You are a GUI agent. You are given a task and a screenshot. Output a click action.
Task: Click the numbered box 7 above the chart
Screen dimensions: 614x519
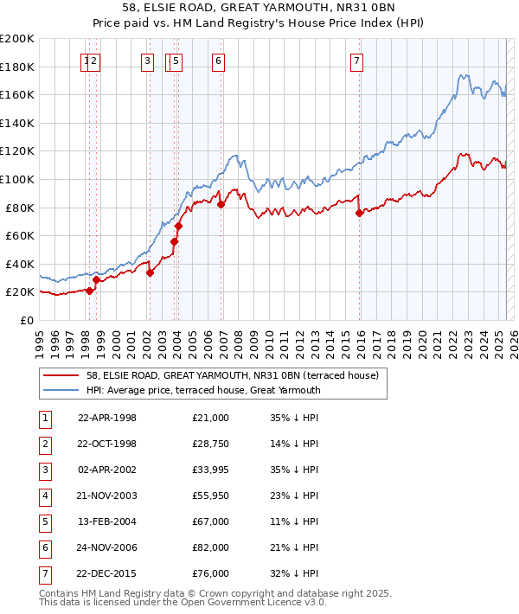(x=356, y=61)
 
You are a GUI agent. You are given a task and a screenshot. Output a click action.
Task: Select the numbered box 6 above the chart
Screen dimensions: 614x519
(x=218, y=61)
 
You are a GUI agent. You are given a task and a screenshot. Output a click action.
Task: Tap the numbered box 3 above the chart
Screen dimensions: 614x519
(x=148, y=61)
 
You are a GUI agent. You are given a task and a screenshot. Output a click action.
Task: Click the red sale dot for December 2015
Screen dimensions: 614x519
(x=359, y=213)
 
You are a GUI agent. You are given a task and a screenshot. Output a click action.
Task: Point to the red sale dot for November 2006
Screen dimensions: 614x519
(x=221, y=204)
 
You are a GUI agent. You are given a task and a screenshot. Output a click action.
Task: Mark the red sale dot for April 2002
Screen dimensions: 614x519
(x=150, y=272)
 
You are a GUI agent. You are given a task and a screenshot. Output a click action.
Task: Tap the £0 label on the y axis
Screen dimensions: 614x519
(x=24, y=320)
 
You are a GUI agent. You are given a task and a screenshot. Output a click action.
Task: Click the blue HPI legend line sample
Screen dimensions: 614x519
(x=61, y=390)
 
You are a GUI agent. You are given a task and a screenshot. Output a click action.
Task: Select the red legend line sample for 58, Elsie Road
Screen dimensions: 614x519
(x=61, y=376)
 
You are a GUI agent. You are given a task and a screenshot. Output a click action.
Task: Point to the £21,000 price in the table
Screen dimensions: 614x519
(x=211, y=418)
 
